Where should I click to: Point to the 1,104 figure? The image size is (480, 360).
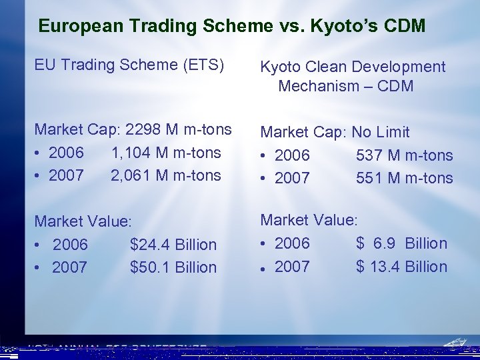(131, 152)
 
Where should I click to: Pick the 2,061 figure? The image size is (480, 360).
(131, 175)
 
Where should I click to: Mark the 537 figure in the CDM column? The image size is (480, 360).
(369, 156)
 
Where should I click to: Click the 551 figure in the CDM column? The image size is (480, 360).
(369, 178)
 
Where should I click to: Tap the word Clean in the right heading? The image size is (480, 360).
(325, 67)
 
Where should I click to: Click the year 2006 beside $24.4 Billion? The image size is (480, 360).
(70, 245)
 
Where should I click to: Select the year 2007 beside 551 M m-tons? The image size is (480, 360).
(292, 178)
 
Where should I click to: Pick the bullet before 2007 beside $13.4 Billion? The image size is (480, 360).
(265, 267)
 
